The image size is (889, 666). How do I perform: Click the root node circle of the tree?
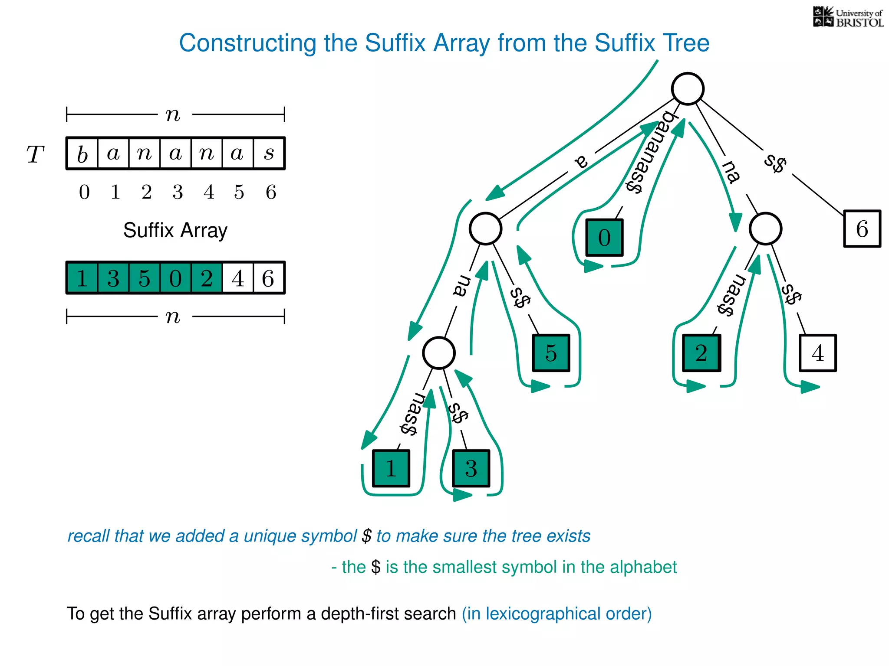(x=688, y=89)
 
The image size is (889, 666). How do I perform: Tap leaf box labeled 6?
(x=862, y=229)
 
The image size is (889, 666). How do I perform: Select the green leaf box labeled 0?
(x=604, y=237)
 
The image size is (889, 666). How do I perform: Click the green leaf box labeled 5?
(x=551, y=353)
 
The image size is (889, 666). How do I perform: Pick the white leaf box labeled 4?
(x=817, y=353)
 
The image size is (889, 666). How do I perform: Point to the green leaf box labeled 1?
(x=391, y=468)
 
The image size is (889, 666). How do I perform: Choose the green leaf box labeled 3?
(x=471, y=468)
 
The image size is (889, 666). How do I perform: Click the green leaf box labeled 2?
(x=701, y=353)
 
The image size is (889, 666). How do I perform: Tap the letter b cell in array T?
(x=82, y=153)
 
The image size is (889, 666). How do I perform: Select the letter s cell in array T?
(x=269, y=153)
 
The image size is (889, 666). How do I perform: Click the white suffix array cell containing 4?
(x=237, y=278)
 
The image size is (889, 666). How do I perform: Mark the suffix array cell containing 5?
(x=145, y=278)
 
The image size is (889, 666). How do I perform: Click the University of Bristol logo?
(x=848, y=17)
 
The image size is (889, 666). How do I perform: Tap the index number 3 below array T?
(x=178, y=192)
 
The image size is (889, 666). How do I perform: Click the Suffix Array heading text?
(x=175, y=230)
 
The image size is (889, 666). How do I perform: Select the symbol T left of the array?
(x=35, y=154)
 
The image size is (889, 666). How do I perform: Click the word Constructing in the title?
(x=247, y=43)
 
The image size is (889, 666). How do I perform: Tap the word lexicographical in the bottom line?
(x=542, y=614)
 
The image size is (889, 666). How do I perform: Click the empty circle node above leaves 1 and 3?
(x=438, y=353)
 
